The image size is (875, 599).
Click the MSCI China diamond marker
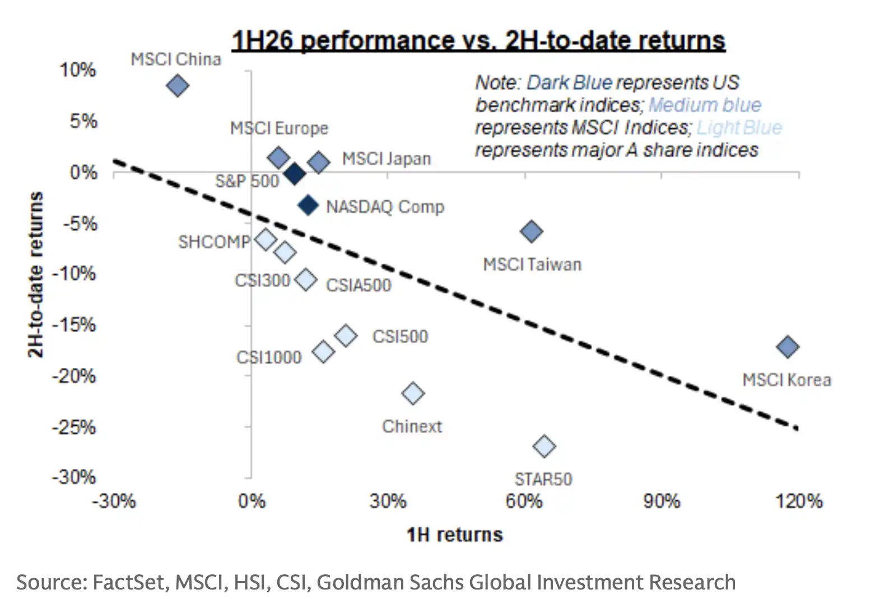178,86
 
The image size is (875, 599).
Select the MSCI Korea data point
788,347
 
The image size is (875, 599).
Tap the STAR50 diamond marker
544,446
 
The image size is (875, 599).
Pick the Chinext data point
413,393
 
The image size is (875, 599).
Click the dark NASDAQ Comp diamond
308,205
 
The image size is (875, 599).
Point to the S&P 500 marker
295,174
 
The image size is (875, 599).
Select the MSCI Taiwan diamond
532,231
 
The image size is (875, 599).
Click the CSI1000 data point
323,352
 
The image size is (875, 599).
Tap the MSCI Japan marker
319,162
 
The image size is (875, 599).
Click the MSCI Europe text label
280,128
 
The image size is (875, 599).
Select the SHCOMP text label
214,242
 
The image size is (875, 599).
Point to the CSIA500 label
359,285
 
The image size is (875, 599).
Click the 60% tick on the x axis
524,501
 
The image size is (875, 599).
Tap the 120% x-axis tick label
799,501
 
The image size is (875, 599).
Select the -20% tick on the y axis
74,376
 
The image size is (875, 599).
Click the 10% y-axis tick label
77,70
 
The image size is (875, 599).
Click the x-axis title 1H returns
455,535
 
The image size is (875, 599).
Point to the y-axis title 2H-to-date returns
35,274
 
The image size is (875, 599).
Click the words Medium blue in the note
705,105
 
